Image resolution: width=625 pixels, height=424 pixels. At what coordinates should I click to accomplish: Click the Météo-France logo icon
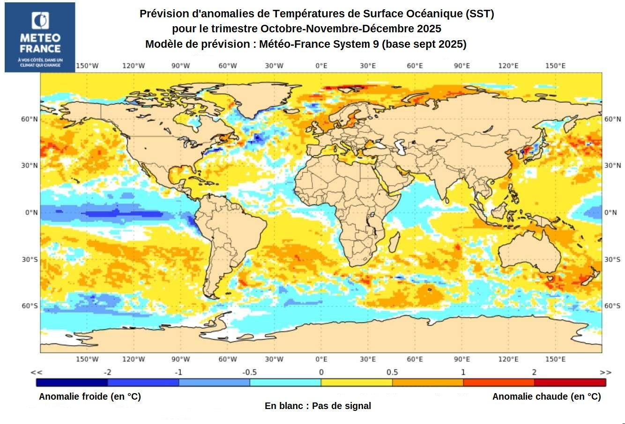pos(40,21)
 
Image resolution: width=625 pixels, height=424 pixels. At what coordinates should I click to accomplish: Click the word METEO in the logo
pos(40,38)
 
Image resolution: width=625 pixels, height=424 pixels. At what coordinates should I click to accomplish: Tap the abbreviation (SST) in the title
pos(480,14)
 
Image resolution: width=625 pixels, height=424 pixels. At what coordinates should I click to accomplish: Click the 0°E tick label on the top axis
pos(321,66)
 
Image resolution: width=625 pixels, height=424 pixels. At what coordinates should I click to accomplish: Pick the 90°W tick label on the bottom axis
pos(180,359)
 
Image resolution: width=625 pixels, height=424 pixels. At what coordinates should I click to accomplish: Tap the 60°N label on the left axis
pos(29,119)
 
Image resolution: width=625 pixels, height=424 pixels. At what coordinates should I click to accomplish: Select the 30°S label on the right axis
pos(612,260)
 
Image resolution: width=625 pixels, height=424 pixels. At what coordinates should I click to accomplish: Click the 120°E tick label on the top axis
pos(508,66)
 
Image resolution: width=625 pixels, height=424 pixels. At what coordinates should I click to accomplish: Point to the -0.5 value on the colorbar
pos(249,373)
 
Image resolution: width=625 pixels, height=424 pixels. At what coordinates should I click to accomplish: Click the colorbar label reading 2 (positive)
pos(534,373)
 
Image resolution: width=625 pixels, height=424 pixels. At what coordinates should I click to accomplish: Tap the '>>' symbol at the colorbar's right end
pos(605,373)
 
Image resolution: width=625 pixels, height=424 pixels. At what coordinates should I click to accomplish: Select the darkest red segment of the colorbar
pos(570,382)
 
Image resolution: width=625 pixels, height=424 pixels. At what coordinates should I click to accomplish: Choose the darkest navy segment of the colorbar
pos(72,382)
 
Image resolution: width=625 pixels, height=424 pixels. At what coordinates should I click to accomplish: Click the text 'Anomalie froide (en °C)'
pos(89,397)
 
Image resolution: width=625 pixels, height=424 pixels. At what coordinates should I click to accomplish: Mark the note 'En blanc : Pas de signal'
pos(318,406)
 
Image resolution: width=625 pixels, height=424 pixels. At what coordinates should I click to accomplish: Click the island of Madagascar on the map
pos(394,241)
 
